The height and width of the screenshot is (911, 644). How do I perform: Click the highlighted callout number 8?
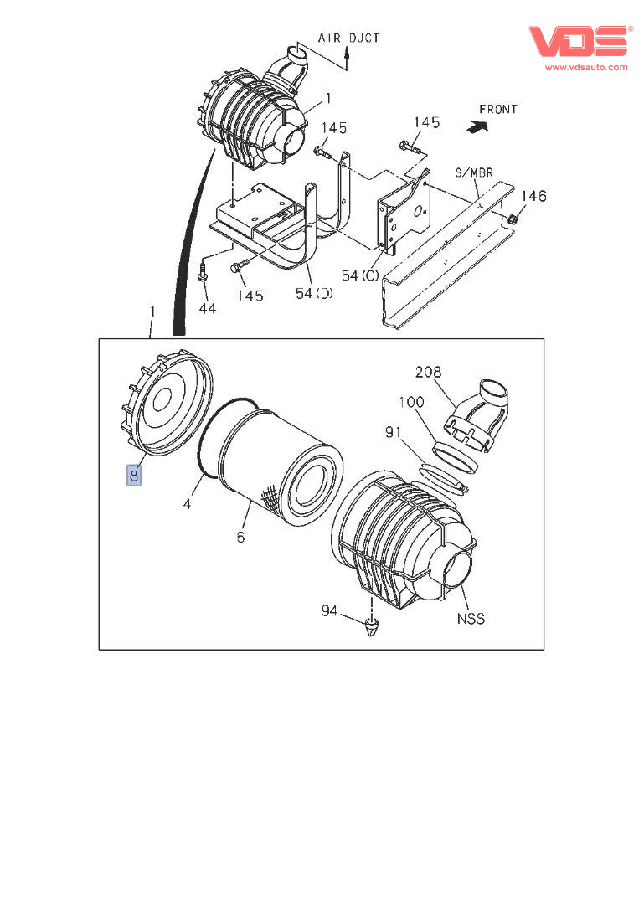click(134, 476)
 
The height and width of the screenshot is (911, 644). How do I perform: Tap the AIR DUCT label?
click(348, 38)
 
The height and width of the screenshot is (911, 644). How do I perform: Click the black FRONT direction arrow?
click(477, 126)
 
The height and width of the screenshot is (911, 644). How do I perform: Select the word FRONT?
click(497, 109)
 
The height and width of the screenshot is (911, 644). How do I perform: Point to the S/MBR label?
click(473, 173)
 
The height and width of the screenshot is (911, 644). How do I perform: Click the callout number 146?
click(533, 196)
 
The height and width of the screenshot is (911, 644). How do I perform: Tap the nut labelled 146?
click(513, 219)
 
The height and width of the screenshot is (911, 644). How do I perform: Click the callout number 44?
click(207, 309)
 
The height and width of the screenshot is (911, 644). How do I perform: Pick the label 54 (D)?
click(315, 293)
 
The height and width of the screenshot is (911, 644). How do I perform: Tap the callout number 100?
click(410, 403)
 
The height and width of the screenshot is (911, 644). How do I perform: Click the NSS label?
click(471, 619)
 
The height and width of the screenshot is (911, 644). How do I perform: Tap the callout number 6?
click(240, 537)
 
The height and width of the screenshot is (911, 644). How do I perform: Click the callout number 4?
click(188, 504)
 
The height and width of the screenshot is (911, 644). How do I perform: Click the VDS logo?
click(579, 42)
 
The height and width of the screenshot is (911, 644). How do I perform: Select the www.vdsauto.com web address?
click(586, 67)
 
